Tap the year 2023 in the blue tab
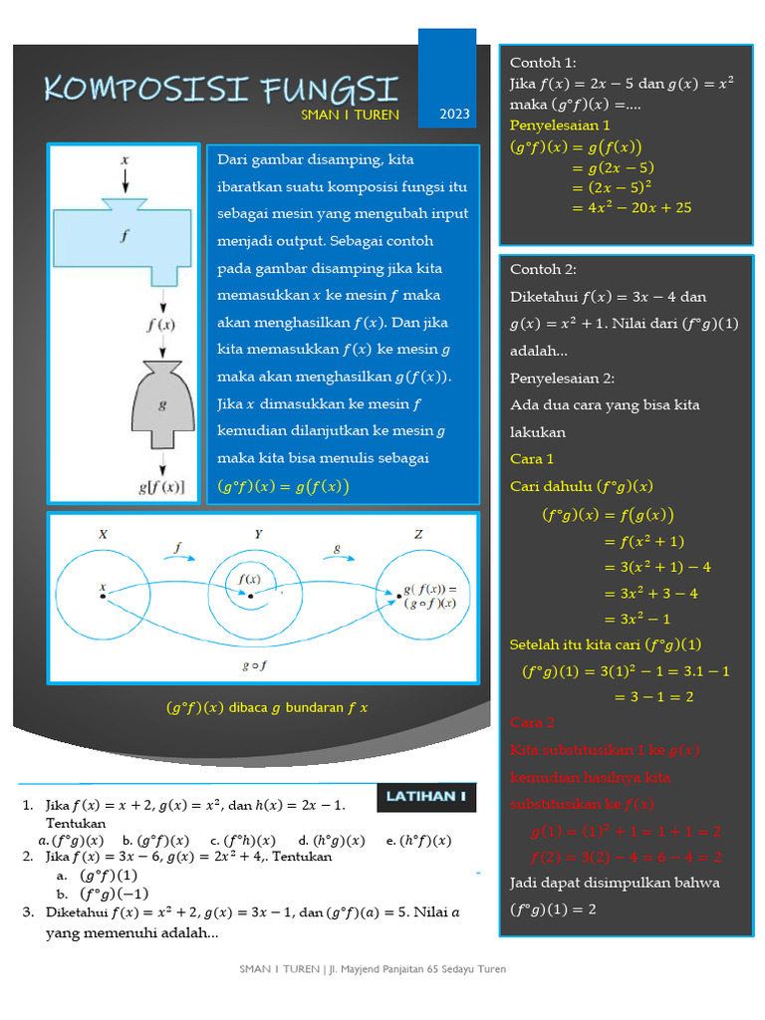tap(453, 115)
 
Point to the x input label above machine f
tap(125, 159)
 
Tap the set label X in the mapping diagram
tap(103, 535)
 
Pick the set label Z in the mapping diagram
tap(418, 535)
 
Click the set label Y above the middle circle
tap(259, 535)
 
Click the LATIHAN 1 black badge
tap(426, 796)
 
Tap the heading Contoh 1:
tap(543, 63)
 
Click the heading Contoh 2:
tap(543, 269)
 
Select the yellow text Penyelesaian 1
tap(560, 126)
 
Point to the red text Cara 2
tap(532, 722)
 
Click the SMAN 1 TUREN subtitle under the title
tap(350, 115)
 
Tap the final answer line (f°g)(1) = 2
tap(553, 909)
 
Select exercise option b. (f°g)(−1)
tap(99, 893)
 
